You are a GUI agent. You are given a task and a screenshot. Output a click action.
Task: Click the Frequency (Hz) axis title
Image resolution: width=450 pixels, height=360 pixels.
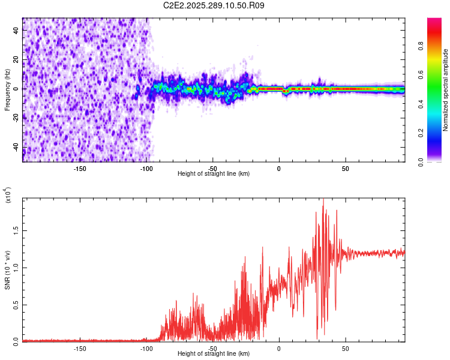[x=7, y=89]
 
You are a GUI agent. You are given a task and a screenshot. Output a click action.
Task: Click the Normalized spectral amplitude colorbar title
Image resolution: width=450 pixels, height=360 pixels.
[x=446, y=90]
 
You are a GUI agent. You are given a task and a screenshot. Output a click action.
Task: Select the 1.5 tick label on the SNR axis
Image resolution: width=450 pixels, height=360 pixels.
[x=16, y=230]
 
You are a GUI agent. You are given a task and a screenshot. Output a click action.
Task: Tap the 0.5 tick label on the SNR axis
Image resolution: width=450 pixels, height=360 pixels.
[x=16, y=304]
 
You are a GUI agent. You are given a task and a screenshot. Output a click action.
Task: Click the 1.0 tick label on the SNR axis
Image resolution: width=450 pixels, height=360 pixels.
[x=16, y=267]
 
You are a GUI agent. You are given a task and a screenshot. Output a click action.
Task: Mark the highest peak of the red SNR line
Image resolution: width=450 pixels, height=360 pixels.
[x=323, y=200]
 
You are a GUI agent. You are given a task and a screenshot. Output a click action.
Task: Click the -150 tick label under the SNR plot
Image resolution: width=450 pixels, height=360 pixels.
[x=80, y=348]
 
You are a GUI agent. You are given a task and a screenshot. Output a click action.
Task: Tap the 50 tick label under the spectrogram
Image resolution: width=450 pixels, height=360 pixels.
[x=345, y=169]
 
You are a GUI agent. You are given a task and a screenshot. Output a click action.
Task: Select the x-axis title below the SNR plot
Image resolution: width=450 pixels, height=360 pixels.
[x=214, y=355]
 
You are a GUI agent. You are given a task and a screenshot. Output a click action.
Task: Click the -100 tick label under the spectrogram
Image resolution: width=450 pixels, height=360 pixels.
[x=146, y=169]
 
